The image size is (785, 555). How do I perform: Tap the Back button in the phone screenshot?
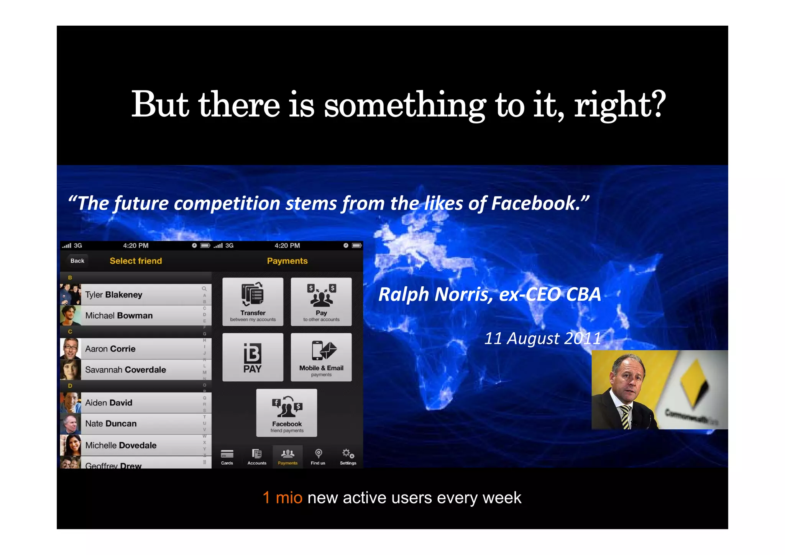[x=77, y=261]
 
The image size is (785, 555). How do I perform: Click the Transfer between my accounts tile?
[x=253, y=302]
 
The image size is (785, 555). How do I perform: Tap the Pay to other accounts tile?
[x=321, y=302]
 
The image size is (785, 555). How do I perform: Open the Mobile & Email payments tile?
[x=321, y=357]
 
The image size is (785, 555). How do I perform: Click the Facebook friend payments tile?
[x=287, y=413]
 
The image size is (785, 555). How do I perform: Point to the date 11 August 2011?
[x=542, y=338]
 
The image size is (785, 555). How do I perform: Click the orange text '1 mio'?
[x=282, y=498]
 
